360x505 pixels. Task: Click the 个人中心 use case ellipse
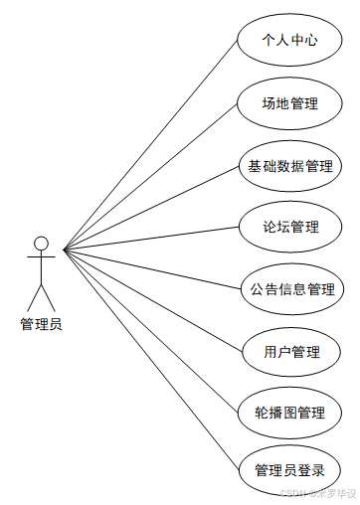[x=289, y=41]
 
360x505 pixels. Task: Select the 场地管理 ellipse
[x=289, y=103]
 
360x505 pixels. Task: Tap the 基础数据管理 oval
[x=289, y=166]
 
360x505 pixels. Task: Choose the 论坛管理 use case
[x=289, y=228]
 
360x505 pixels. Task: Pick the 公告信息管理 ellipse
[x=289, y=289]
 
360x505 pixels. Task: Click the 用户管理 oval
[x=289, y=351]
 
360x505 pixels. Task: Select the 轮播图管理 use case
[x=289, y=412]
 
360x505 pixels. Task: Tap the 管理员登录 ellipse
[x=289, y=470]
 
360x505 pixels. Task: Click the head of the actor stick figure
[x=41, y=243]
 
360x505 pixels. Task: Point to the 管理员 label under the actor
[x=41, y=323]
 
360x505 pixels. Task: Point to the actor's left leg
[x=34, y=297]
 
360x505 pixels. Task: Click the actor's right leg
[x=48, y=297]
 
